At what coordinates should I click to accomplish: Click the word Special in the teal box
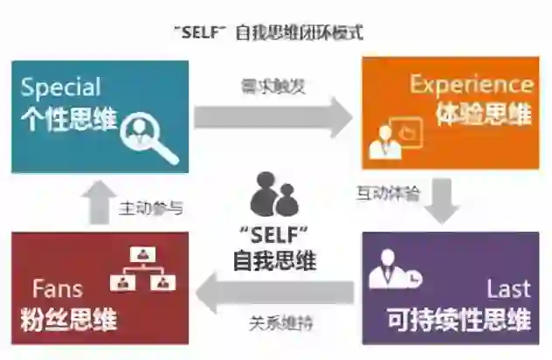(x=61, y=87)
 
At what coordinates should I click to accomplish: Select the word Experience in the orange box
(x=472, y=84)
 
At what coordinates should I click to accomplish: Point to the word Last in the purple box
(x=509, y=289)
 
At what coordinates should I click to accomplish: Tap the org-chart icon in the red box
(x=141, y=267)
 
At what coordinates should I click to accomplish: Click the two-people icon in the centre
(x=274, y=195)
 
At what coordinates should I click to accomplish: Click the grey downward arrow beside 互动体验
(x=444, y=201)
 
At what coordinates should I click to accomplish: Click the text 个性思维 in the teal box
(x=68, y=119)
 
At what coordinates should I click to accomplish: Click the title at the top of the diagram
(x=268, y=32)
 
